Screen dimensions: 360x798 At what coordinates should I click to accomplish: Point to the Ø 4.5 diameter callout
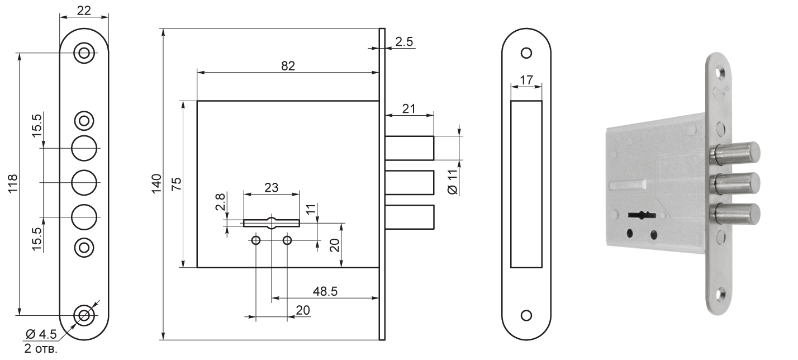pyautogui.click(x=41, y=335)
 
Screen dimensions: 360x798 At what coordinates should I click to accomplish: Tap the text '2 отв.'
pyautogui.click(x=41, y=350)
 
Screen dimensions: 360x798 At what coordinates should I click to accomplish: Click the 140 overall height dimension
pyautogui.click(x=156, y=183)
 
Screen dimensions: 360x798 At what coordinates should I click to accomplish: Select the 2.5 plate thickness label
pyautogui.click(x=404, y=41)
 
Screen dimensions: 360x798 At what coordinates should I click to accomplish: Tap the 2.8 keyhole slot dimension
pyautogui.click(x=220, y=202)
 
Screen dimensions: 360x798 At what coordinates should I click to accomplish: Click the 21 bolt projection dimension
pyautogui.click(x=408, y=108)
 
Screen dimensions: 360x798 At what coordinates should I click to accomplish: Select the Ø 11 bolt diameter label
pyautogui.click(x=453, y=182)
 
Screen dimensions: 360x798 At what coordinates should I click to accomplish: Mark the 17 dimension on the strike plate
pyautogui.click(x=526, y=79)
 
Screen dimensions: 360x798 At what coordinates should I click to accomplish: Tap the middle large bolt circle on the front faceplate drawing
pyautogui.click(x=84, y=182)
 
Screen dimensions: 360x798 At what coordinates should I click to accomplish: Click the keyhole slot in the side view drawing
pyautogui.click(x=272, y=222)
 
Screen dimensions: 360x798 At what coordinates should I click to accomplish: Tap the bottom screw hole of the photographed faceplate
pyautogui.click(x=721, y=292)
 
